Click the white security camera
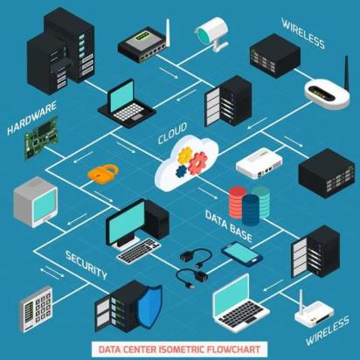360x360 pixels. [x=212, y=33]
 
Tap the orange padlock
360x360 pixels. [x=103, y=172]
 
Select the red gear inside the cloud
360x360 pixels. [x=197, y=163]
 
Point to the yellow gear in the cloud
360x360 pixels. [x=185, y=155]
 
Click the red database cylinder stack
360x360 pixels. [x=238, y=202]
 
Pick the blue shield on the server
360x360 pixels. [x=149, y=305]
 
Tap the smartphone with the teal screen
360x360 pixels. [x=242, y=253]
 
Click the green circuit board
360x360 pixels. [x=41, y=138]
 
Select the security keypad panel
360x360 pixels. [x=36, y=309]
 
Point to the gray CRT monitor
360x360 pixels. [x=36, y=202]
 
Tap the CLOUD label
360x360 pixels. [x=172, y=133]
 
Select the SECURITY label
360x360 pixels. [x=87, y=265]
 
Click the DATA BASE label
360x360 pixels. [x=229, y=226]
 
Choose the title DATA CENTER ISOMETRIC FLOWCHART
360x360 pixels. [x=179, y=350]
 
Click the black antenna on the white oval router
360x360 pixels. [x=347, y=74]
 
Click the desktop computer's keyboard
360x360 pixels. [x=139, y=250]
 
